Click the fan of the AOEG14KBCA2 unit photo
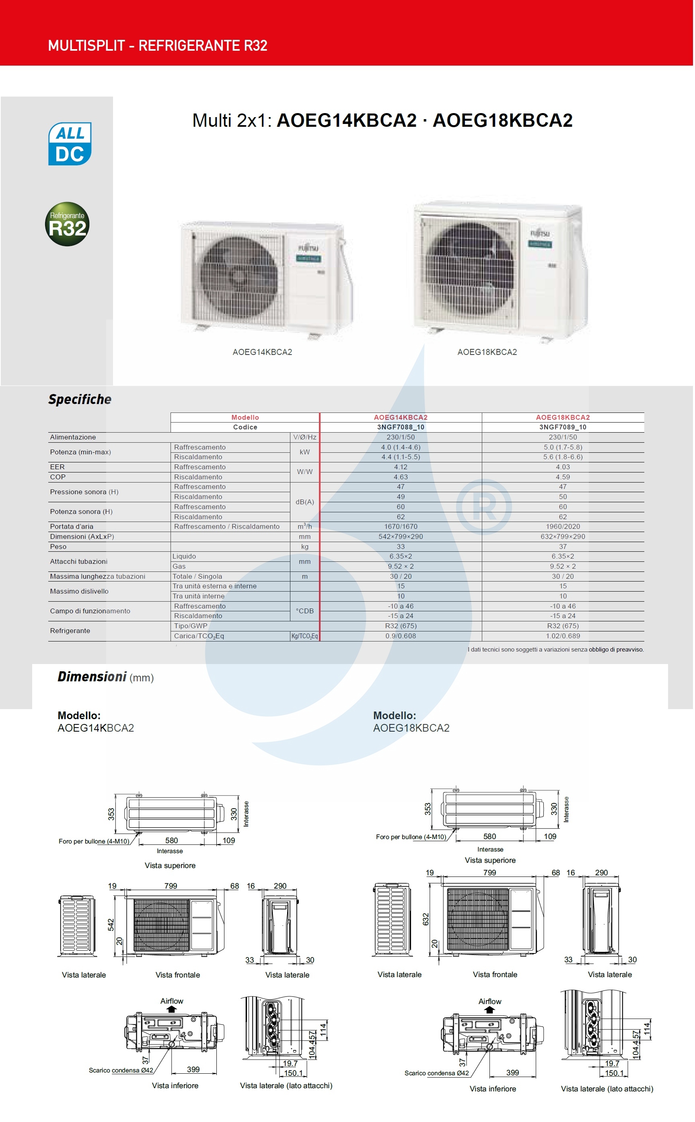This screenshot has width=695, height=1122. click(239, 277)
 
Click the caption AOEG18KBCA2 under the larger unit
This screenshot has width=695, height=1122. click(487, 352)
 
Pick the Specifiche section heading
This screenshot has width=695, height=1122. click(80, 399)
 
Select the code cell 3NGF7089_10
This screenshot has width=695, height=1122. click(563, 427)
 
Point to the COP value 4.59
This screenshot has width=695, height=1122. click(563, 477)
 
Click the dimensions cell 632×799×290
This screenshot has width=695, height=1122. click(563, 536)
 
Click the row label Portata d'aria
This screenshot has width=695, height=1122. click(72, 526)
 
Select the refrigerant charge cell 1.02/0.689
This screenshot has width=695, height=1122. click(563, 636)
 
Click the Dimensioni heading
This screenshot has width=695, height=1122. click(92, 677)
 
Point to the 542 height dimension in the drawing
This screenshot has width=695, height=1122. click(111, 925)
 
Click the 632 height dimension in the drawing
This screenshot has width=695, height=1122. click(426, 919)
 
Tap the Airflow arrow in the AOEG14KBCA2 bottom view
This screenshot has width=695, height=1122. click(171, 1009)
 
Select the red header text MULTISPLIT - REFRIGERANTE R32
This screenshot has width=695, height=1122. click(158, 45)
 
